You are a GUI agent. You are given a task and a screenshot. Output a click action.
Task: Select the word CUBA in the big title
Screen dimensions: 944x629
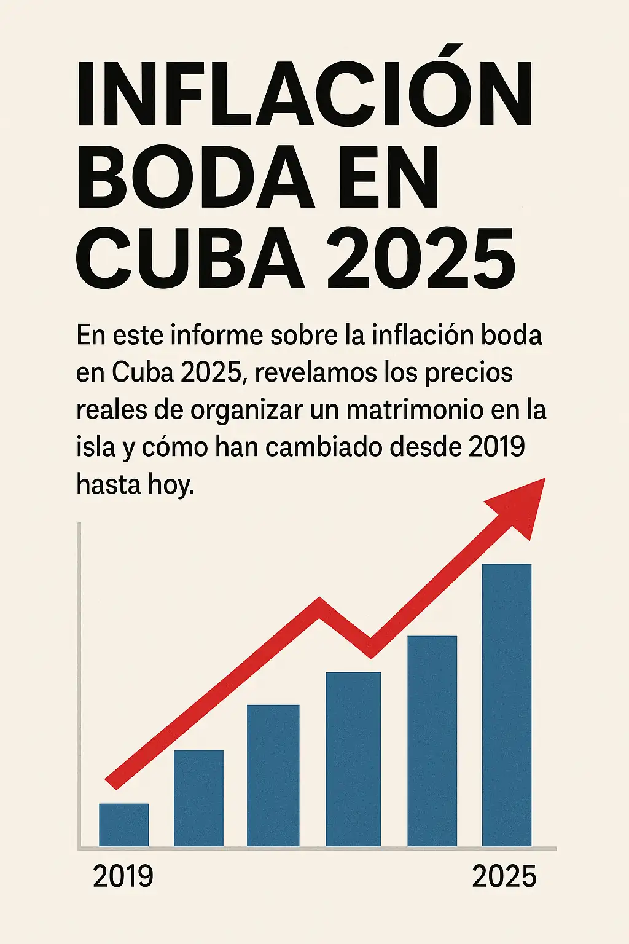(x=190, y=258)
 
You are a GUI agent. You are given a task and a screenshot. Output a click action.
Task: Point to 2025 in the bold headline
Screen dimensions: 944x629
(x=421, y=258)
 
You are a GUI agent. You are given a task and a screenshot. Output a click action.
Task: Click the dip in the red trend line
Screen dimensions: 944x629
(x=370, y=645)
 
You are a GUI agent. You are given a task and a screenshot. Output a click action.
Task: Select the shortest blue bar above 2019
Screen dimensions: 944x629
(x=123, y=825)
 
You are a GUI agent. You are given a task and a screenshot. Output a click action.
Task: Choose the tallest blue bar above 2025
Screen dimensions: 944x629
(x=506, y=705)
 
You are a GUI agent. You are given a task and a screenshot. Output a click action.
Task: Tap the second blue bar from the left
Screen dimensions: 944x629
(x=198, y=798)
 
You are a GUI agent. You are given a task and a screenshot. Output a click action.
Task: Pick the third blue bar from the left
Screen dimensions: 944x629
(x=273, y=776)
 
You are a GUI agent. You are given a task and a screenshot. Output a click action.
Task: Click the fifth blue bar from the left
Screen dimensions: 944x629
(x=432, y=741)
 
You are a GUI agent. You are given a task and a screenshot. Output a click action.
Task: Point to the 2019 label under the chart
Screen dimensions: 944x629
(x=123, y=876)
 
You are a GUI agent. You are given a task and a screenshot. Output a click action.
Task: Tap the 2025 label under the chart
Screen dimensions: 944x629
(x=504, y=876)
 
